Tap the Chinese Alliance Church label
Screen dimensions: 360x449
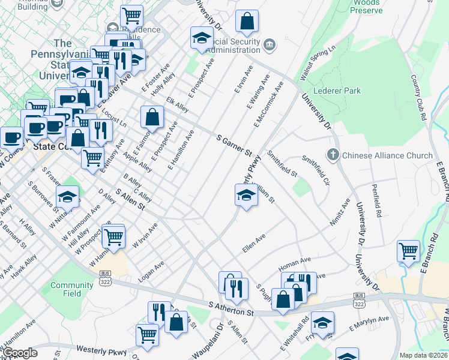pyautogui.click(x=387, y=155)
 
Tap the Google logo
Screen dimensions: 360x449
pyautogui.click(x=20, y=353)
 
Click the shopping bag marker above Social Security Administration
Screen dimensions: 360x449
pyautogui.click(x=247, y=22)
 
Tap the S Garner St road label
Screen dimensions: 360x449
pyautogui.click(x=234, y=146)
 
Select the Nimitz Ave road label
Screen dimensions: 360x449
pyautogui.click(x=339, y=213)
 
